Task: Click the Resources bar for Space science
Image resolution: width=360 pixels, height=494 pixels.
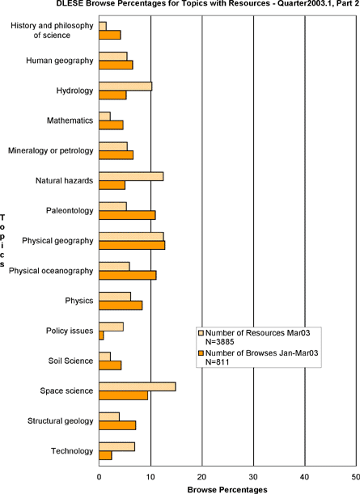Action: click(x=138, y=386)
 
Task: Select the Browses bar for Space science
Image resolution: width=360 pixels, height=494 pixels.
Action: click(x=123, y=395)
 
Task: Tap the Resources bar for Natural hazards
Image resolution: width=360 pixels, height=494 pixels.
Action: click(x=131, y=176)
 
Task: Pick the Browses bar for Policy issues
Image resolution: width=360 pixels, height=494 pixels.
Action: click(x=101, y=336)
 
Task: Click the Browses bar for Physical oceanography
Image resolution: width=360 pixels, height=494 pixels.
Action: click(x=127, y=275)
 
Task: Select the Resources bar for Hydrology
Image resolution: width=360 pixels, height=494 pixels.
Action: click(x=125, y=87)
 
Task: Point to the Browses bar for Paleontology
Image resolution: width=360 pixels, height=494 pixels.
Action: click(x=127, y=215)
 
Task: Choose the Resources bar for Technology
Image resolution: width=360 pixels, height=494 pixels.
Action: click(x=117, y=447)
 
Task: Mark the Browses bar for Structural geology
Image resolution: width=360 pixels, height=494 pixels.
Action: click(x=117, y=425)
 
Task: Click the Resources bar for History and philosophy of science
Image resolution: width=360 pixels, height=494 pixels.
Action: click(x=103, y=26)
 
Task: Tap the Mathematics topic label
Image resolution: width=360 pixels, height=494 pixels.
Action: click(x=70, y=120)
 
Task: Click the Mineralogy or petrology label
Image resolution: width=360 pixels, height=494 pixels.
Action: click(x=51, y=151)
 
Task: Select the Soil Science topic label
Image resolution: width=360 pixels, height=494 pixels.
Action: click(x=70, y=361)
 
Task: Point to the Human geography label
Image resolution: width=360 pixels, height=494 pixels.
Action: click(x=60, y=61)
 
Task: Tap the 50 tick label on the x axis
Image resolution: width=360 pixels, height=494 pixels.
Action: click(x=356, y=477)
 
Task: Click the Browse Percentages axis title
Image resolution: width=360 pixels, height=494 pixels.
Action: click(x=227, y=490)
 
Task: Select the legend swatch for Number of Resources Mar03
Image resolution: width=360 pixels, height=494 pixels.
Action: click(x=201, y=332)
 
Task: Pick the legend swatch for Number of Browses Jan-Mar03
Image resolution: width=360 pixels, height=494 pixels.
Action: click(x=201, y=353)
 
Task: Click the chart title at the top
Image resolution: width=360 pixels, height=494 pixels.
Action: click(x=208, y=3)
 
